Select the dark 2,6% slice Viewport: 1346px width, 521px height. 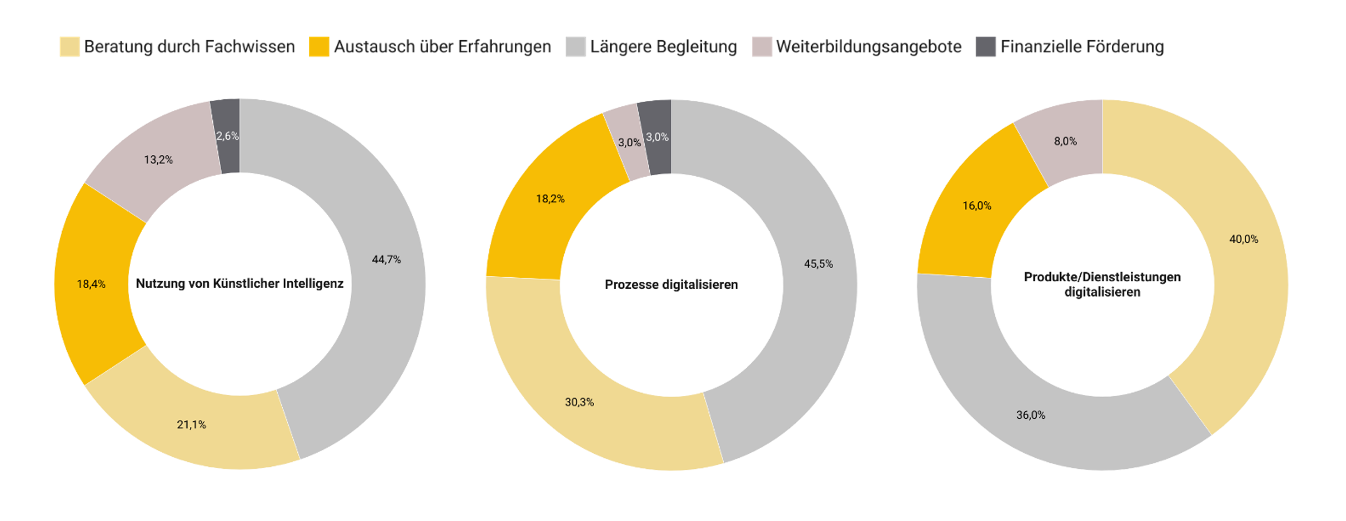tap(228, 136)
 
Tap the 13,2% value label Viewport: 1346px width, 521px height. tap(158, 160)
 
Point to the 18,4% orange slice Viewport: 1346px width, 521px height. tap(92, 283)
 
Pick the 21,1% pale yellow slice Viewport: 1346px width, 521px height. tap(191, 425)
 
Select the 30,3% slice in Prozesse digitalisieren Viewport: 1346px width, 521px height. tap(579, 402)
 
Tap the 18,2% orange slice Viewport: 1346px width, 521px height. tap(550, 199)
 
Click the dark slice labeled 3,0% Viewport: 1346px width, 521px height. tap(657, 137)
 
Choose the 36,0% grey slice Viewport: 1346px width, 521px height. tap(1031, 415)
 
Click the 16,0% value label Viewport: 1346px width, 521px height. tap(976, 206)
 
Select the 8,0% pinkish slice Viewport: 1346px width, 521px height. tap(1065, 141)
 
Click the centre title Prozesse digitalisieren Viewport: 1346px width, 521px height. tap(671, 285)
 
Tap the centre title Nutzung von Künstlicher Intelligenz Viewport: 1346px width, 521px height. tap(239, 283)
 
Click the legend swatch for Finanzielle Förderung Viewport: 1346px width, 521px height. tap(986, 46)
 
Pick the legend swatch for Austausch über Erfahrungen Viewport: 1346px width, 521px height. tap(319, 46)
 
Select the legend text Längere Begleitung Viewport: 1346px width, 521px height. tap(663, 46)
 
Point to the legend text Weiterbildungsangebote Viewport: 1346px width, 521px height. tap(868, 46)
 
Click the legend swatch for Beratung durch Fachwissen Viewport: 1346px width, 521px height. tap(69, 46)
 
